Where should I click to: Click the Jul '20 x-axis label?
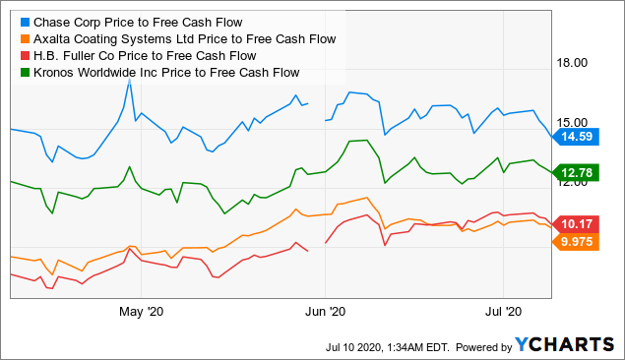pyautogui.click(x=503, y=313)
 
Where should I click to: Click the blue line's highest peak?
pyautogui.click(x=129, y=82)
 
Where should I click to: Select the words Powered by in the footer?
pyautogui.click(x=479, y=345)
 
